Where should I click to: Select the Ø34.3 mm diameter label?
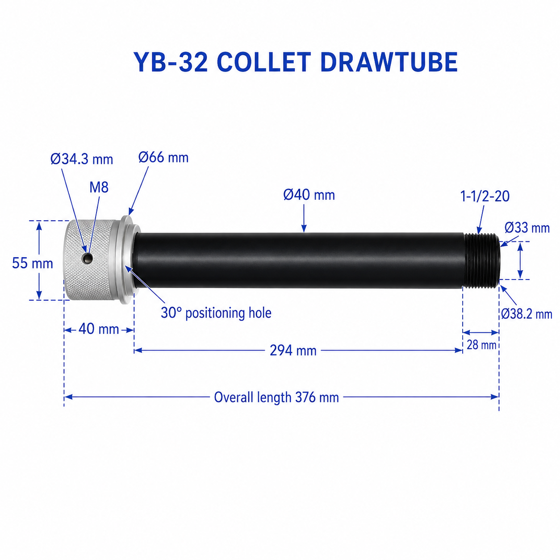[82, 159]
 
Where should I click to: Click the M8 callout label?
[99, 188]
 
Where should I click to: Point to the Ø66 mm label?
[163, 158]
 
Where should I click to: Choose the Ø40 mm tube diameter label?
[309, 195]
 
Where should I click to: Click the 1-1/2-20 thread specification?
[485, 196]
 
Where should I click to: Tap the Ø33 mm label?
[527, 228]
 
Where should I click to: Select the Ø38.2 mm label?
[527, 314]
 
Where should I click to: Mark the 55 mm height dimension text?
[32, 263]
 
